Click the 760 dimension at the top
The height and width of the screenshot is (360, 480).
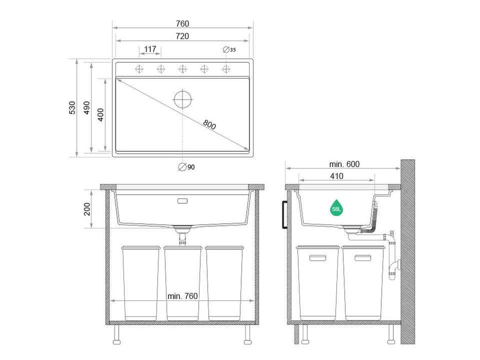pyautogui.click(x=183, y=24)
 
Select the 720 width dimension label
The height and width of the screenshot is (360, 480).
pyautogui.click(x=183, y=36)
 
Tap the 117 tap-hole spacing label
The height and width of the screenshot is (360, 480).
pyautogui.click(x=150, y=49)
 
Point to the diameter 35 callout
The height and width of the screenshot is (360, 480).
pyautogui.click(x=229, y=49)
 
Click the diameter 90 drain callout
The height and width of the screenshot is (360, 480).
pyautogui.click(x=187, y=167)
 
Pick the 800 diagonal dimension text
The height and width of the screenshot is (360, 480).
pyautogui.click(x=209, y=124)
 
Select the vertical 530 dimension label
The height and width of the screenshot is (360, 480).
pyautogui.click(x=72, y=108)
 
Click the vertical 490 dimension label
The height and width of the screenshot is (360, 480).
pyautogui.click(x=87, y=108)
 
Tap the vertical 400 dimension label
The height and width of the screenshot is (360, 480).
pyautogui.click(x=101, y=115)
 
